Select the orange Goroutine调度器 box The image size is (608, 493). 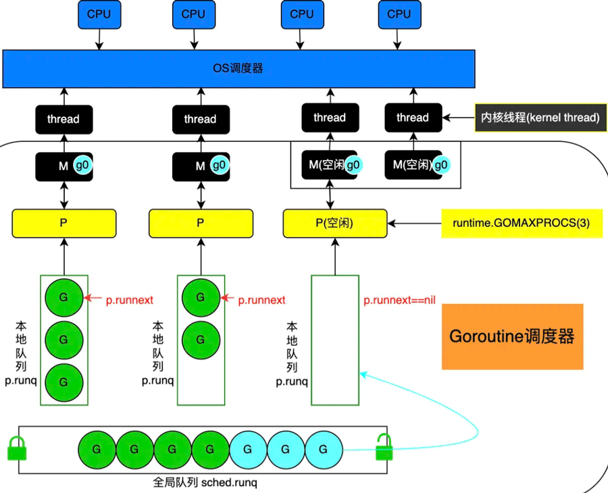click(x=512, y=336)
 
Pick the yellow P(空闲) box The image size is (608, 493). click(x=335, y=223)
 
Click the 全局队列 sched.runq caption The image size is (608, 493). click(x=205, y=483)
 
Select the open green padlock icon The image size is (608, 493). click(x=384, y=447)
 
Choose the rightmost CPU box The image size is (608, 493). click(x=399, y=14)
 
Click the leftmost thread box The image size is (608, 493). click(x=64, y=119)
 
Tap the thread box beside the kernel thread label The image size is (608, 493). click(x=413, y=118)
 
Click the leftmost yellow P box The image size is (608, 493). click(x=64, y=223)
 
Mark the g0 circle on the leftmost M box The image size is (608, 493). click(x=82, y=165)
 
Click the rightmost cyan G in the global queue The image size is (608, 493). click(x=324, y=449)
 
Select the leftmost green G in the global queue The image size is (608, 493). click(x=97, y=449)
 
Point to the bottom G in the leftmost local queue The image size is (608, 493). click(x=64, y=382)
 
